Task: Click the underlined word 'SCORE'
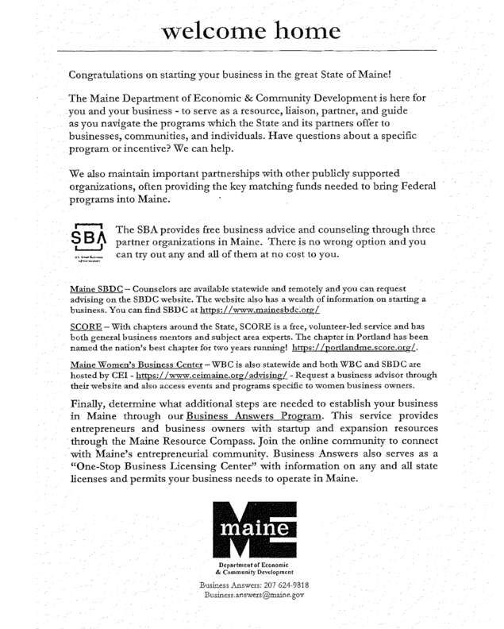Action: tap(86, 327)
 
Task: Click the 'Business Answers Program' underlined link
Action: tap(254, 416)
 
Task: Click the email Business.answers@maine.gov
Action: tap(253, 595)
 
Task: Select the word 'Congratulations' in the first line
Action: tap(115, 75)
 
